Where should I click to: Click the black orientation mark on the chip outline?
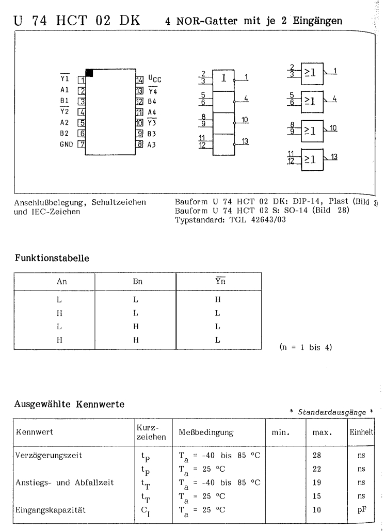pyautogui.click(x=89, y=73)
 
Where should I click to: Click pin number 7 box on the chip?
pyautogui.click(x=81, y=145)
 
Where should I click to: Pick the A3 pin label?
pyautogui.click(x=152, y=145)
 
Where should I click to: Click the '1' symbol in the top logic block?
pyautogui.click(x=223, y=79)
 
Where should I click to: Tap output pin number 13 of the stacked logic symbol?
pyautogui.click(x=247, y=141)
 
